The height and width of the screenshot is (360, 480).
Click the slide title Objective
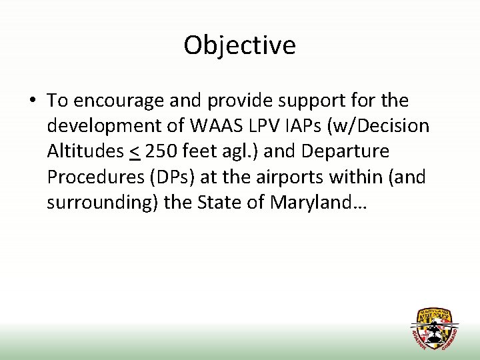coord(239,45)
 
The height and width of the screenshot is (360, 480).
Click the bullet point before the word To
coord(32,101)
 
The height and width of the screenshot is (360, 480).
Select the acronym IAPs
coord(315,127)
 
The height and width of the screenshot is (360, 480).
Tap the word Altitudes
coord(85,152)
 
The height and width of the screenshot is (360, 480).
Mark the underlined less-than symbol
coord(134,152)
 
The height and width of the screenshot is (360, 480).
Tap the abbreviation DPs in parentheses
coord(171,177)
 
